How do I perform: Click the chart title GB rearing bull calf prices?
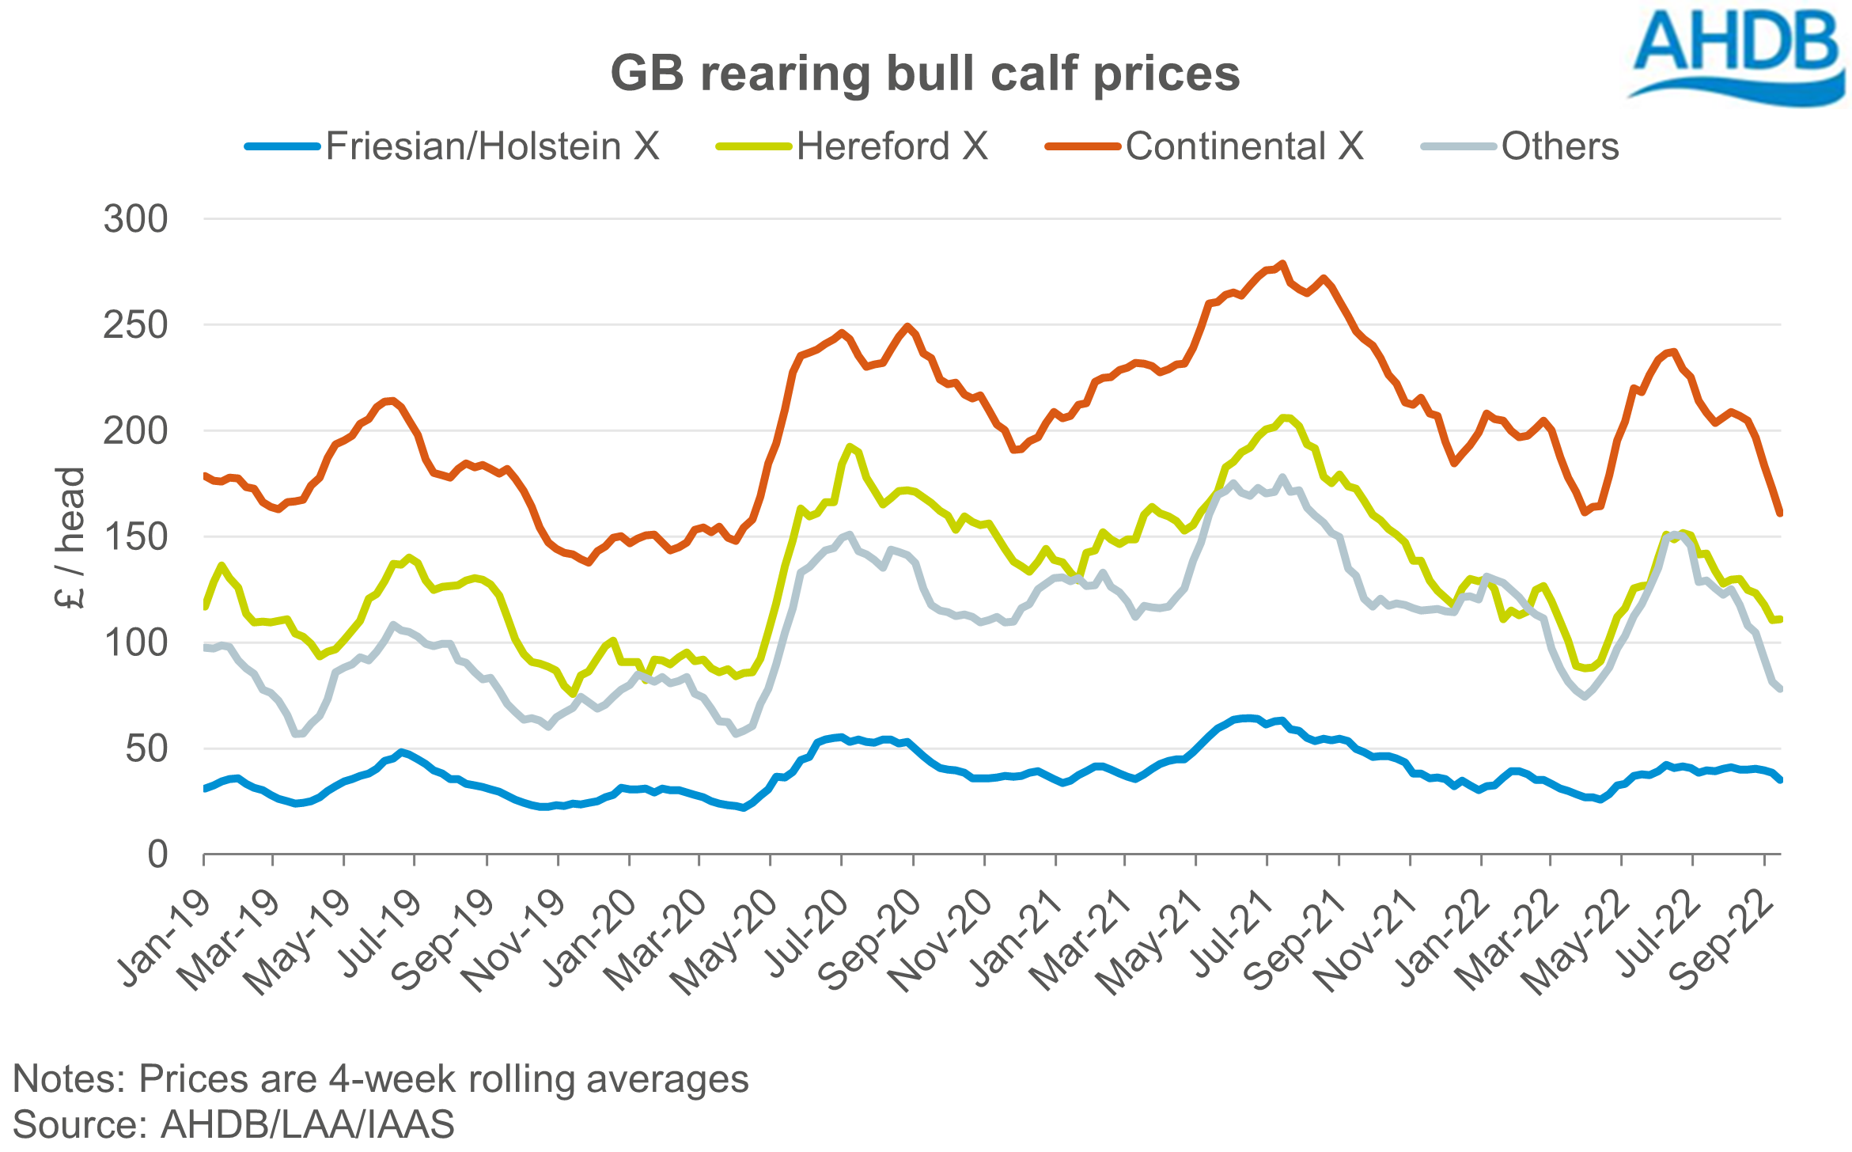pyautogui.click(x=925, y=74)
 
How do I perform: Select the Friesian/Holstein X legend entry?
pyautogui.click(x=491, y=146)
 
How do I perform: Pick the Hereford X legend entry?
pyautogui.click(x=892, y=146)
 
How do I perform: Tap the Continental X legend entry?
pyautogui.click(x=1244, y=146)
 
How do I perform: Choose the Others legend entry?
pyautogui.click(x=1559, y=146)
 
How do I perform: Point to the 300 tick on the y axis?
pyautogui.click(x=135, y=219)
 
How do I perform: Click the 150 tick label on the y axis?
pyautogui.click(x=135, y=537)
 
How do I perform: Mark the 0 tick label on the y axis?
pyautogui.click(x=157, y=855)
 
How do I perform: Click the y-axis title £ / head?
pyautogui.click(x=70, y=538)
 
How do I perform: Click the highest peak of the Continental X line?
pyautogui.click(x=1282, y=263)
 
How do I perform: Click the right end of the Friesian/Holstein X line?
pyautogui.click(x=1779, y=780)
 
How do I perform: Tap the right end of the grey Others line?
pyautogui.click(x=1779, y=689)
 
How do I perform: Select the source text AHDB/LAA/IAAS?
pyautogui.click(x=308, y=1124)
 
